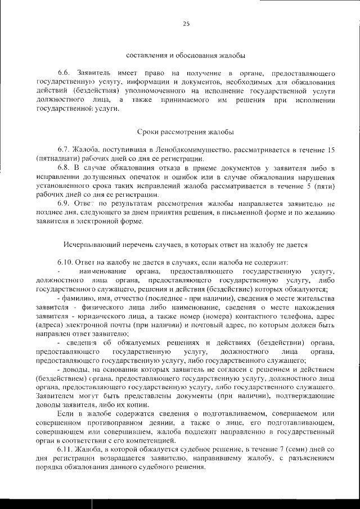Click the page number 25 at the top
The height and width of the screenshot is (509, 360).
click(x=186, y=23)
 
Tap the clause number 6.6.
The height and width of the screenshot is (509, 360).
click(x=64, y=74)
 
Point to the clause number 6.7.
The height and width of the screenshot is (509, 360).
click(x=64, y=150)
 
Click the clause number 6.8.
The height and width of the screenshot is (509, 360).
click(x=64, y=168)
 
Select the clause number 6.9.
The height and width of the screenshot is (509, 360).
click(x=64, y=203)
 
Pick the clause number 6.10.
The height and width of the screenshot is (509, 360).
click(x=66, y=262)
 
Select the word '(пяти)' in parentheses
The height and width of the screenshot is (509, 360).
click(x=327, y=186)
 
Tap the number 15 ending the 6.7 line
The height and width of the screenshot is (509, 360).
click(x=331, y=150)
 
